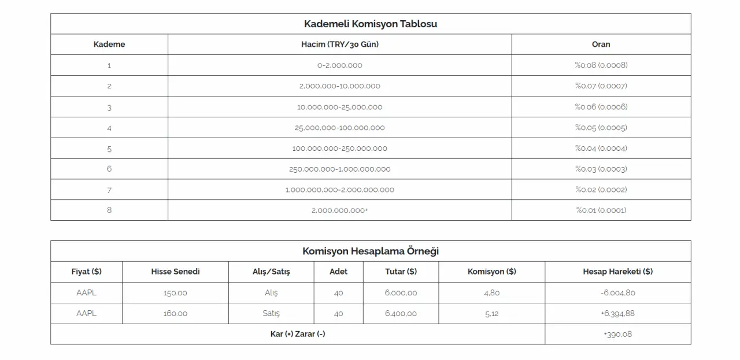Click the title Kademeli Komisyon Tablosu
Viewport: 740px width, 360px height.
[370, 24]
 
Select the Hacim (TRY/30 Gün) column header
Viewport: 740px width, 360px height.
[339, 44]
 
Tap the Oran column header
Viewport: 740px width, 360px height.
[601, 44]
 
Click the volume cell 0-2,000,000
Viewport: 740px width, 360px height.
[339, 65]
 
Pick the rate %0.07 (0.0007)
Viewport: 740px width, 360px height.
[601, 86]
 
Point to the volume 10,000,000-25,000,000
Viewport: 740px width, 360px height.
[339, 107]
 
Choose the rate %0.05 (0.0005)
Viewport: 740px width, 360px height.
[601, 128]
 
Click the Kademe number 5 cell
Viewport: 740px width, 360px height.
[109, 149]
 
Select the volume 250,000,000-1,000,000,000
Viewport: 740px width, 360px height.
[339, 169]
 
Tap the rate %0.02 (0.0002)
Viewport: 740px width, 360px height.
[601, 190]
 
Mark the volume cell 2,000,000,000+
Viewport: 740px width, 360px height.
[339, 210]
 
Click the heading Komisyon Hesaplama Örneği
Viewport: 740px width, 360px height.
[370, 251]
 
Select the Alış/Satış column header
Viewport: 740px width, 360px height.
[271, 272]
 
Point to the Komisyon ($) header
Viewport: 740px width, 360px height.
[491, 272]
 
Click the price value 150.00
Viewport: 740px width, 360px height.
[175, 293]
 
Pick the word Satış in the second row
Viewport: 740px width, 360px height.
[271, 314]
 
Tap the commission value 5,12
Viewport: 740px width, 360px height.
[491, 314]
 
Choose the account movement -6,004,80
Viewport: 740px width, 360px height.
[617, 293]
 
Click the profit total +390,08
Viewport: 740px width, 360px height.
[617, 335]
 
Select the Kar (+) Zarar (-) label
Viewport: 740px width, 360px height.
[297, 335]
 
